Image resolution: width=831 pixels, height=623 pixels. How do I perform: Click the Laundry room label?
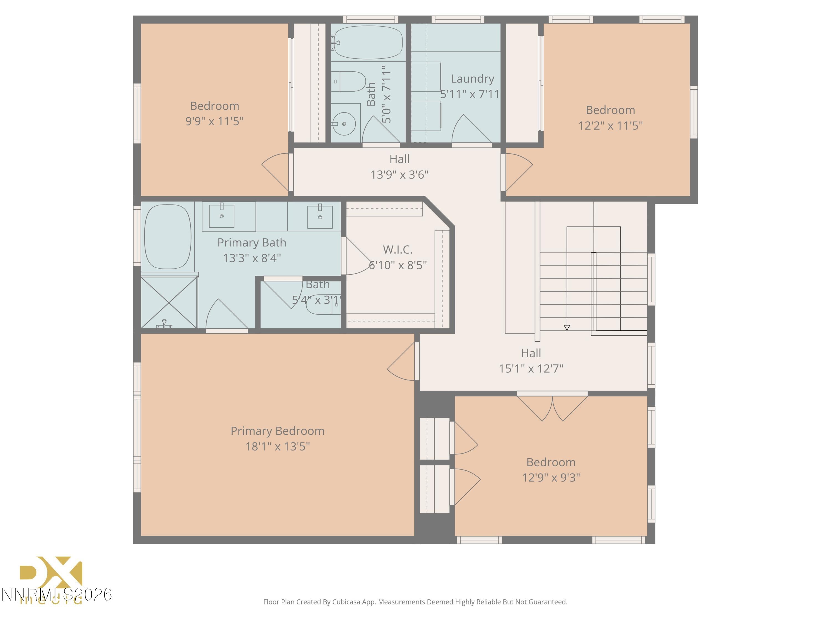tap(472, 79)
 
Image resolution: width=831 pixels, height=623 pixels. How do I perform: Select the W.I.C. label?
tap(397, 249)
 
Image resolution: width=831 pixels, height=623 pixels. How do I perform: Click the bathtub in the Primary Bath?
tap(168, 236)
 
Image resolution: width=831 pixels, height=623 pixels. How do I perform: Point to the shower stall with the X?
tap(169, 303)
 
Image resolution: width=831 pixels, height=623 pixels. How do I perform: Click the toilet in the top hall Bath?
tap(349, 81)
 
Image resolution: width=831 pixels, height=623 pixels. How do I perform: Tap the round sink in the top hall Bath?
tap(344, 123)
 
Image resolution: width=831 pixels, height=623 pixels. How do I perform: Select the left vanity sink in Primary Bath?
tap(222, 216)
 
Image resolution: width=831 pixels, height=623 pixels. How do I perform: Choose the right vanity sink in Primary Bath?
tap(320, 217)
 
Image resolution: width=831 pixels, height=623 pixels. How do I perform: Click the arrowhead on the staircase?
tap(566, 328)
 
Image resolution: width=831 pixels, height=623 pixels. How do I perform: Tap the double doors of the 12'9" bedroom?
tap(552, 408)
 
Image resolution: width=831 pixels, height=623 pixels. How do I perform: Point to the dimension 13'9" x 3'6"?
tap(399, 175)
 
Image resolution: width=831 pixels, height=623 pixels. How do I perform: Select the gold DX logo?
tap(51, 573)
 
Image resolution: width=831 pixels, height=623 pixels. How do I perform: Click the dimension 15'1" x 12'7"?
tap(530, 368)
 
